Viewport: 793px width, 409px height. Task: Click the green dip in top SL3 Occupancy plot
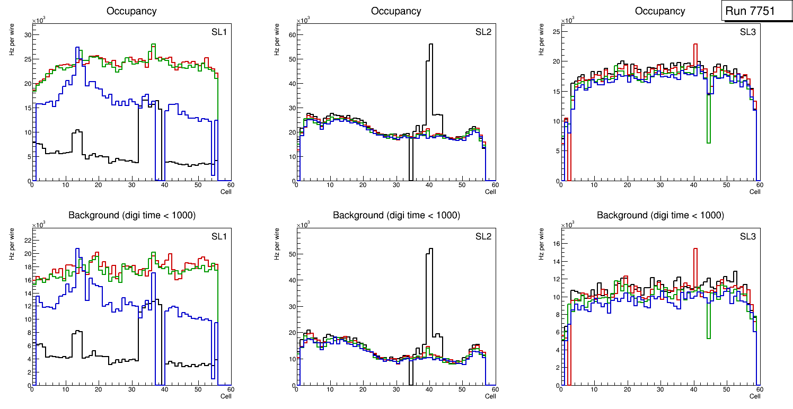click(x=708, y=142)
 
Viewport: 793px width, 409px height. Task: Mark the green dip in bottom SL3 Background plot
click(x=708, y=337)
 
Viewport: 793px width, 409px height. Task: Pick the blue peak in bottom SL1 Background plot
click(x=77, y=249)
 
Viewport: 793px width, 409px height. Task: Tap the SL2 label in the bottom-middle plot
click(x=483, y=236)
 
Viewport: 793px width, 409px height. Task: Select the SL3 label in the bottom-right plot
click(x=747, y=236)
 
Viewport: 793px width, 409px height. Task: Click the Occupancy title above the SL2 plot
click(x=396, y=11)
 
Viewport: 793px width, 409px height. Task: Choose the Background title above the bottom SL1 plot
click(x=131, y=215)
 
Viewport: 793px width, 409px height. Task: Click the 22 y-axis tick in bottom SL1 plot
click(x=27, y=240)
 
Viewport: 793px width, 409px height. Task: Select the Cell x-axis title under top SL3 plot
click(x=755, y=192)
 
